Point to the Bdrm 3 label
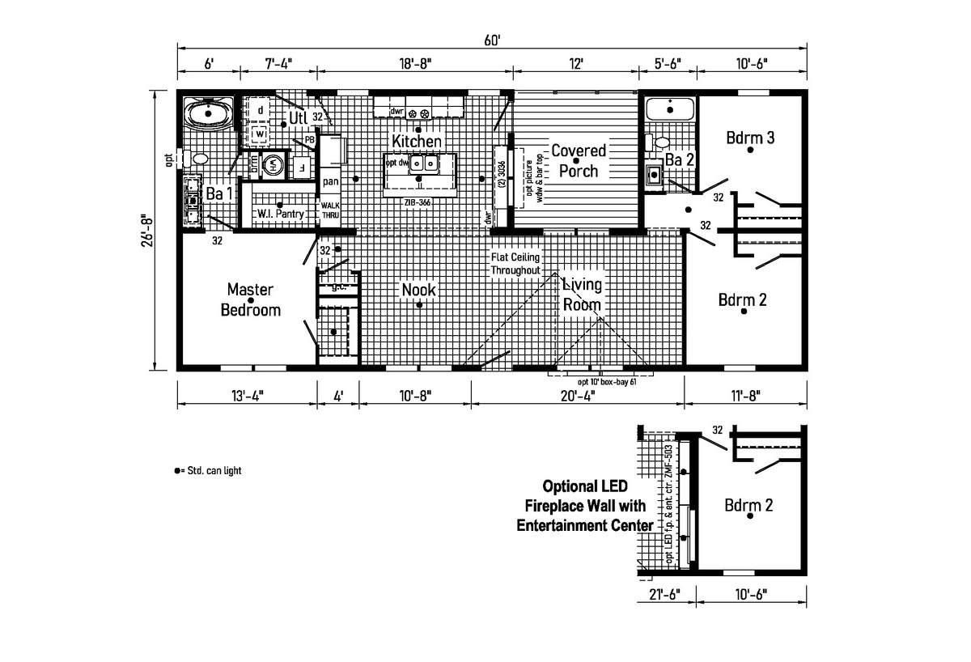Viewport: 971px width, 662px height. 750,138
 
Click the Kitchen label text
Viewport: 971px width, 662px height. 417,142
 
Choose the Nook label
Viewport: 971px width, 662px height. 418,290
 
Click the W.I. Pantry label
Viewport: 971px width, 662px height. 280,214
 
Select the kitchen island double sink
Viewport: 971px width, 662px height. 423,164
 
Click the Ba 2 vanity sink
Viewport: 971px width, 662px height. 654,174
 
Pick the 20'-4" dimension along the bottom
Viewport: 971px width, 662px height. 578,396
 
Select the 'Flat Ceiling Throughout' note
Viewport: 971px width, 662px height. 515,264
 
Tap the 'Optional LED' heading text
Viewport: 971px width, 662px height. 584,487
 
